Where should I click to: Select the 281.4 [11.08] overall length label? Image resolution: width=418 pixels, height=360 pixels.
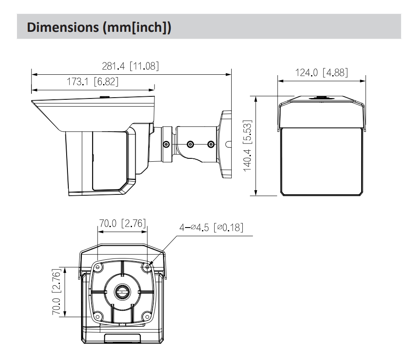pos(131,67)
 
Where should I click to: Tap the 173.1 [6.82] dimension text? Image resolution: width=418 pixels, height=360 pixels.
pos(93,82)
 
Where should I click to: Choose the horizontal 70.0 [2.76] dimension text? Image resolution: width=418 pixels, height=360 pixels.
pos(122,224)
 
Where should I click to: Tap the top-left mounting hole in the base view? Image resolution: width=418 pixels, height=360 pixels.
pos(98,267)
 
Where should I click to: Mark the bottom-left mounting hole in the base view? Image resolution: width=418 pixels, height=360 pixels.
pos(98,316)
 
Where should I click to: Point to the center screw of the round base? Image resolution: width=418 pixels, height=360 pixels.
pos(122,292)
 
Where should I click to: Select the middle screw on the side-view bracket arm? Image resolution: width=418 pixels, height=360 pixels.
pos(190,144)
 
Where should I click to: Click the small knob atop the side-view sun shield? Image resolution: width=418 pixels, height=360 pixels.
pos(104,97)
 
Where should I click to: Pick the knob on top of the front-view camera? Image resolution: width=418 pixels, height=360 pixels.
pos(321,97)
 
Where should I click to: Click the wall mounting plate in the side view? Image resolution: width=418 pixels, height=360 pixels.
pos(226,144)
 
